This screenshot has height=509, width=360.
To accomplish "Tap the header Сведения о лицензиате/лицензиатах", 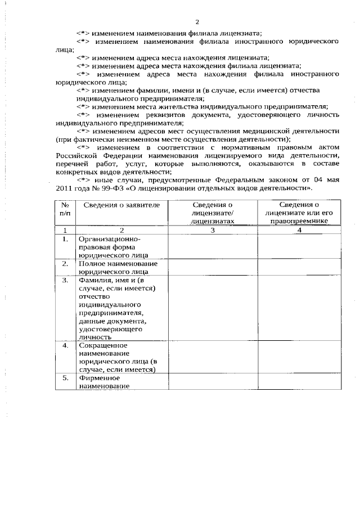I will coord(212,214).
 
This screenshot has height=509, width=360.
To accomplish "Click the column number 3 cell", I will coord(212,230).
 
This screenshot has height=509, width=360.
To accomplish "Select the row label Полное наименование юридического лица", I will coord(118,267).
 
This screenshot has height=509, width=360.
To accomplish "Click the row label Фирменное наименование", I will coord(104,382).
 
